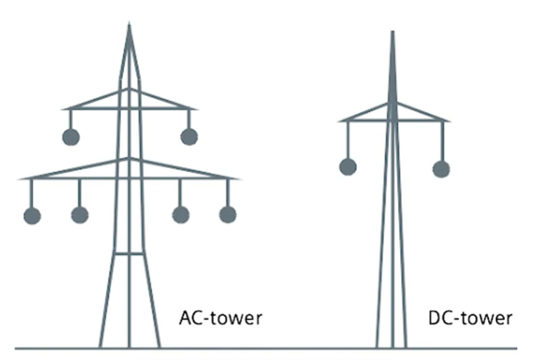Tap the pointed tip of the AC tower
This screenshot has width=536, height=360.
(x=129, y=26)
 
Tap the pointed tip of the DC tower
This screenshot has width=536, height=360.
(x=391, y=32)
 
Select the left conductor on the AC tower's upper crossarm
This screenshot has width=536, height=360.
(x=70, y=137)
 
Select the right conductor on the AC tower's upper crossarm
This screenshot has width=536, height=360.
(x=189, y=137)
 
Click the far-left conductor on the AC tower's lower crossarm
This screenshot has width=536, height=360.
(x=31, y=215)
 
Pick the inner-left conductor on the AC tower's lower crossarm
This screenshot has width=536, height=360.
(x=79, y=215)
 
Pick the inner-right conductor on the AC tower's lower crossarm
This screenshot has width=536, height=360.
(x=180, y=215)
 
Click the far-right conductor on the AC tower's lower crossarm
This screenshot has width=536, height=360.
(x=228, y=215)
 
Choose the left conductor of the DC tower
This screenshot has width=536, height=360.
(x=348, y=167)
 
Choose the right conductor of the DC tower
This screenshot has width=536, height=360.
(x=441, y=169)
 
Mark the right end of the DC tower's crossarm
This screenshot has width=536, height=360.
(x=449, y=120)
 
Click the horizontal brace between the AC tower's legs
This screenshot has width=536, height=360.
(x=129, y=253)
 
